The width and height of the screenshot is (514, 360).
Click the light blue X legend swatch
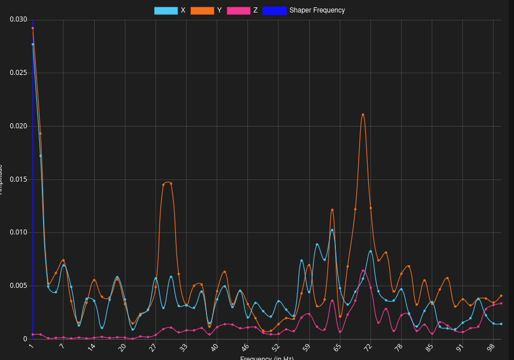166,10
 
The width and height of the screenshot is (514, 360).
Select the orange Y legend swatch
202,10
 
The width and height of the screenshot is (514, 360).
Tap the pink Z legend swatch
238,10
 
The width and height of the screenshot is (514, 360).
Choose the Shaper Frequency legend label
317,10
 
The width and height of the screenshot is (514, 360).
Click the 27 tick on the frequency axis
153,348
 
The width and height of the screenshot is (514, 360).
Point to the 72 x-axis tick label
368,348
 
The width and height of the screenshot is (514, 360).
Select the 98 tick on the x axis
491,348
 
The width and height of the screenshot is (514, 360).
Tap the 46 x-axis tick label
245,348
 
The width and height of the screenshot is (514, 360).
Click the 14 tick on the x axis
91,348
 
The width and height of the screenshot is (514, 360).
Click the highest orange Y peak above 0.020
363,115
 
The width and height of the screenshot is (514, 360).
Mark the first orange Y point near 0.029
33,28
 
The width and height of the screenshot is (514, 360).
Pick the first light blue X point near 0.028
33,44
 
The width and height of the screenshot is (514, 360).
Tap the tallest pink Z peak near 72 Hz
363,271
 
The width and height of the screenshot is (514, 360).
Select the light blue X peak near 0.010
332,230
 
